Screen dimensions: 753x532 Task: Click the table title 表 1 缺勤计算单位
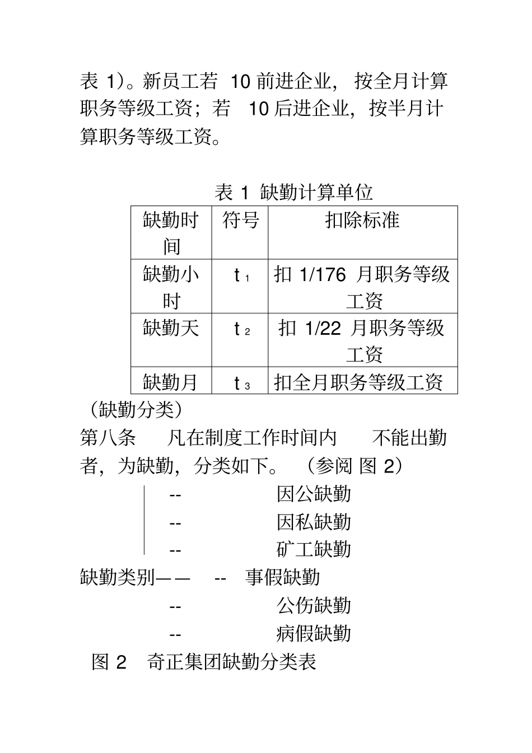pos(293,193)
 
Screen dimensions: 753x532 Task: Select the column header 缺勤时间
pos(171,232)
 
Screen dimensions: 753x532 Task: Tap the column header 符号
pos(240,220)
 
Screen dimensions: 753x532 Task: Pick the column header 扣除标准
pos(362,220)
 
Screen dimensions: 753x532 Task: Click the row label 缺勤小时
pos(171,287)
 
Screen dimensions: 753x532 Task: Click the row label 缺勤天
pos(171,328)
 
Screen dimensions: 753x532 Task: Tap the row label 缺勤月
pos(171,382)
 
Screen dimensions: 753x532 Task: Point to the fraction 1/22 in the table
pos(323,329)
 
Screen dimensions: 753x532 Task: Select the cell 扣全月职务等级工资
pos(358,382)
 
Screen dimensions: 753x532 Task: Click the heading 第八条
pos(108,437)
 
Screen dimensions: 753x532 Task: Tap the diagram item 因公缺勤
pos(314,494)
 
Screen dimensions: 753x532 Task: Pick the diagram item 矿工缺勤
pos(314,549)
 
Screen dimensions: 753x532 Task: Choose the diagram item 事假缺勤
pos(283,577)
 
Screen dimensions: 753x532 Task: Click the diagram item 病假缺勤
pos(314,633)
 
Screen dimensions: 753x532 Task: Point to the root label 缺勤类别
pos(117,577)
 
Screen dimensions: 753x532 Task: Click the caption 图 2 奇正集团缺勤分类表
pos(204,662)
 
